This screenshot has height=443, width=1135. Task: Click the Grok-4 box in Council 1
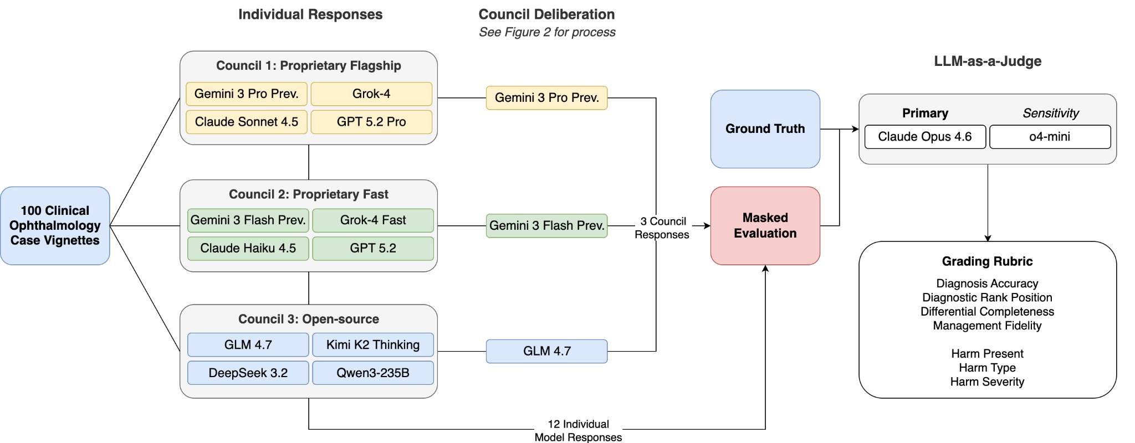(x=371, y=94)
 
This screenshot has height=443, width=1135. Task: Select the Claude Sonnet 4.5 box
(x=247, y=122)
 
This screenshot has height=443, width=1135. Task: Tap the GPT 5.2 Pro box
(x=371, y=122)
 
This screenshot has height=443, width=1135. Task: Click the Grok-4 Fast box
(x=373, y=220)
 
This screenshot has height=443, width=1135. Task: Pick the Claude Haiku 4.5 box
(x=248, y=248)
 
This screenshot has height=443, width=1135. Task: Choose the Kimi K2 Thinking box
(x=373, y=345)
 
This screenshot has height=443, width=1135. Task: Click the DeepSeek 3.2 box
(x=248, y=373)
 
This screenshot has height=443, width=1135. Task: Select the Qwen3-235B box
(x=373, y=373)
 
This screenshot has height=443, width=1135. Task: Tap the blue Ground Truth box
(x=765, y=128)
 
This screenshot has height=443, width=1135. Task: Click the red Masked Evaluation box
(x=765, y=225)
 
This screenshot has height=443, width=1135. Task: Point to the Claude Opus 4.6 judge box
(x=925, y=137)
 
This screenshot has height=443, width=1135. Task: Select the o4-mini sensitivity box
(x=1050, y=137)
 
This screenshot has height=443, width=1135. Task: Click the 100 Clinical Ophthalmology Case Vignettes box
(x=55, y=225)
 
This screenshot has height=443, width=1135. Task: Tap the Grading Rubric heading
(x=987, y=261)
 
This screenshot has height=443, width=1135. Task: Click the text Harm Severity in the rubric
(x=987, y=382)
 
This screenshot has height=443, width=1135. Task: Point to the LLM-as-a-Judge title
(x=987, y=61)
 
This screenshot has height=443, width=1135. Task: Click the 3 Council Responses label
(x=662, y=228)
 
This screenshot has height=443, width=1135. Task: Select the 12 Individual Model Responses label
(x=578, y=430)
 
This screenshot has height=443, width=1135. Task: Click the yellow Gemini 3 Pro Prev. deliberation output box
(x=546, y=98)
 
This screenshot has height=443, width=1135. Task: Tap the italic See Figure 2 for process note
(x=547, y=32)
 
